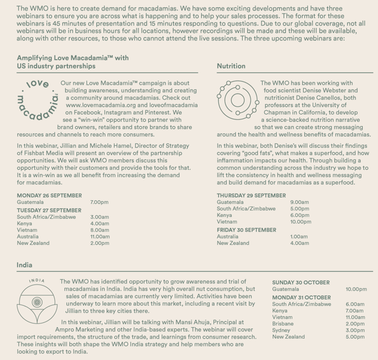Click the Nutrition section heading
(x=231, y=66)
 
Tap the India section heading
(x=24, y=266)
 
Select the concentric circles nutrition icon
(x=235, y=97)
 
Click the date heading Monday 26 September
(x=49, y=196)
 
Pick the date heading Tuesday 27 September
(x=49, y=210)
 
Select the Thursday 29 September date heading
(x=251, y=196)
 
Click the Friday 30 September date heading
(x=246, y=230)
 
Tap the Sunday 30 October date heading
(x=301, y=283)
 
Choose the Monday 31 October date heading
(x=301, y=297)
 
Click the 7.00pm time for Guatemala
(x=99, y=202)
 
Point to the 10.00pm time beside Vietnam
(x=301, y=222)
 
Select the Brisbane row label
(x=283, y=323)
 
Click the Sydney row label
(x=282, y=330)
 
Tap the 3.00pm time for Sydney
(x=355, y=330)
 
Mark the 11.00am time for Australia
(x=99, y=236)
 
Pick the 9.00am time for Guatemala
(x=300, y=202)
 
